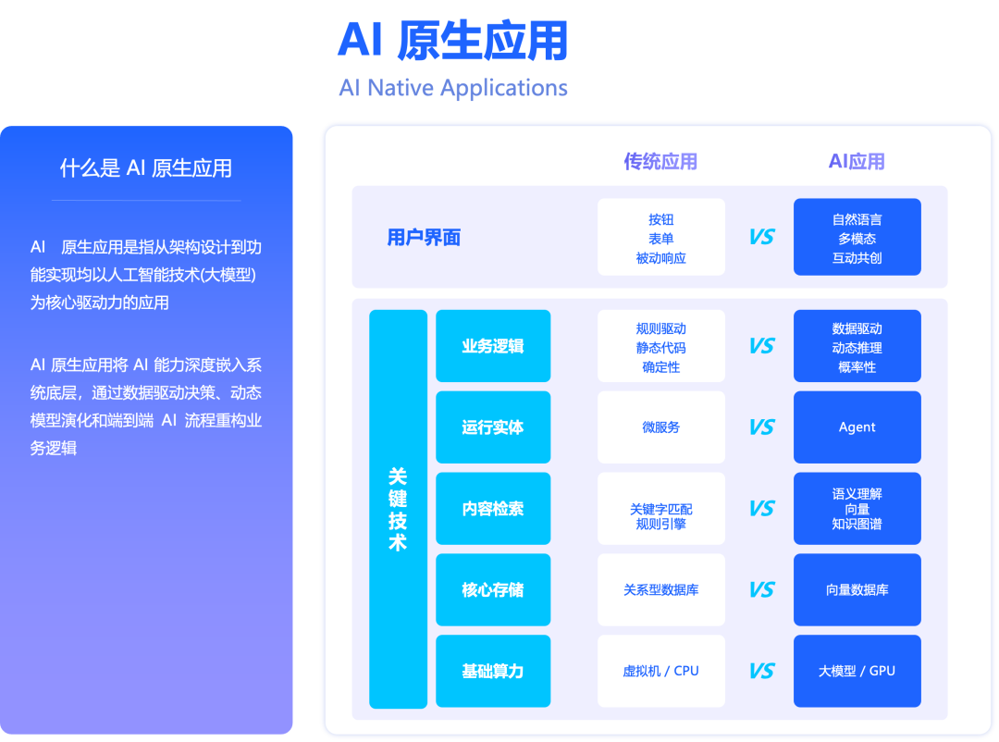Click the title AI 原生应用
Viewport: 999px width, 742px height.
pos(452,40)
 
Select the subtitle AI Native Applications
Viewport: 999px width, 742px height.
pos(452,88)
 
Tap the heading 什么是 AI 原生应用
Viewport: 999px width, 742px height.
pos(146,167)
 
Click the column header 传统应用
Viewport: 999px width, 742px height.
pos(660,162)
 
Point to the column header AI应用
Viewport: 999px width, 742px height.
pos(857,162)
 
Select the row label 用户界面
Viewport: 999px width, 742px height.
pos(424,238)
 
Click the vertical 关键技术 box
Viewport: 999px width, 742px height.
pos(398,509)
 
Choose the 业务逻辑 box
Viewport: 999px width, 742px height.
pos(493,346)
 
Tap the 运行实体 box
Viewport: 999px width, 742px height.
pos(493,427)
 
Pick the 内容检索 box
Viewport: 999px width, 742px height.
pos(493,509)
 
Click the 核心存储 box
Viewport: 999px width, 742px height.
pos(493,589)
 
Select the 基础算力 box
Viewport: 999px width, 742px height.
pos(493,671)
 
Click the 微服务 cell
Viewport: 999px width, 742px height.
pos(661,427)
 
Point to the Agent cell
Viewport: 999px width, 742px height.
pos(857,427)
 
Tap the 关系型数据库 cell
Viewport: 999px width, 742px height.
pos(661,589)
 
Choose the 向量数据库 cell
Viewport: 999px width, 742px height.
pos(857,589)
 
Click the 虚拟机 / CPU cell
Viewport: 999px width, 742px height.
pos(661,671)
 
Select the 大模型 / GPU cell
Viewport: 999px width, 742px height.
pos(857,671)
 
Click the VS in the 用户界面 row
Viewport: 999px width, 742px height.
pos(761,238)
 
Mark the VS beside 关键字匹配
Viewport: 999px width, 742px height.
pos(761,509)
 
